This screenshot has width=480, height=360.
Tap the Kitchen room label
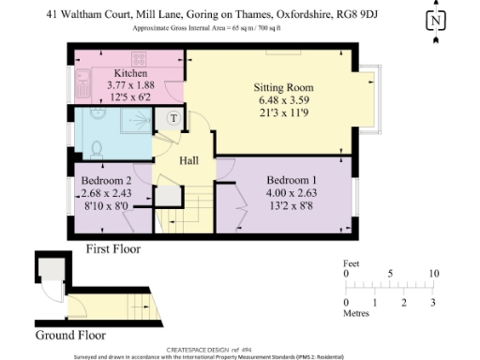click(x=130, y=73)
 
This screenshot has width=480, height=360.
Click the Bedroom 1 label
click(x=291, y=180)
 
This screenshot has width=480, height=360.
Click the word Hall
click(x=189, y=160)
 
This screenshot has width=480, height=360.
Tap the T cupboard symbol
click(x=173, y=118)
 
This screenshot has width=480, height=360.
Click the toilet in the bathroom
click(x=97, y=147)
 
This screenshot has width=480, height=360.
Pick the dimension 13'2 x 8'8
click(x=291, y=205)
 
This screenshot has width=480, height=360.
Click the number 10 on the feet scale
click(x=432, y=275)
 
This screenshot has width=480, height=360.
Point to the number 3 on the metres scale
click(x=432, y=303)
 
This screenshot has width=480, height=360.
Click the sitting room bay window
click(x=371, y=100)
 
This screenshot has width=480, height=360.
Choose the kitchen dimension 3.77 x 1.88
click(x=130, y=84)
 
